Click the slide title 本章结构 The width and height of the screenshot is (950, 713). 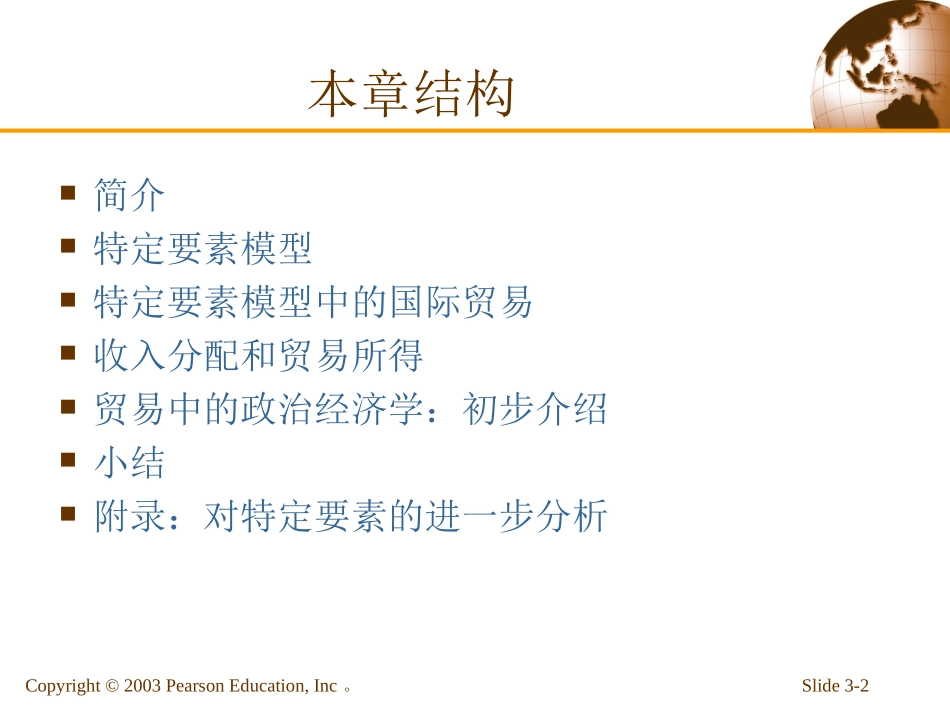click(411, 96)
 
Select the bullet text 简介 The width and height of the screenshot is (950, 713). click(129, 194)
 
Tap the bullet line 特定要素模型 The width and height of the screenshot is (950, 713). click(203, 248)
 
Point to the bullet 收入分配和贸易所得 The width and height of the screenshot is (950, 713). click(258, 356)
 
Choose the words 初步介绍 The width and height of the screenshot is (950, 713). click(535, 410)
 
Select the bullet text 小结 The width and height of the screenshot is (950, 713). click(129, 464)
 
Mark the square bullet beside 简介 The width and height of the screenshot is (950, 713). click(68, 191)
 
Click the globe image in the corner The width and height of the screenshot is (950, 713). click(881, 66)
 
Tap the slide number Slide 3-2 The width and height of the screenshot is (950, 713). click(835, 686)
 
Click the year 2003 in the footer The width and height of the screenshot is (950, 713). click(143, 686)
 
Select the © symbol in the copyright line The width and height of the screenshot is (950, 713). click(112, 686)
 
